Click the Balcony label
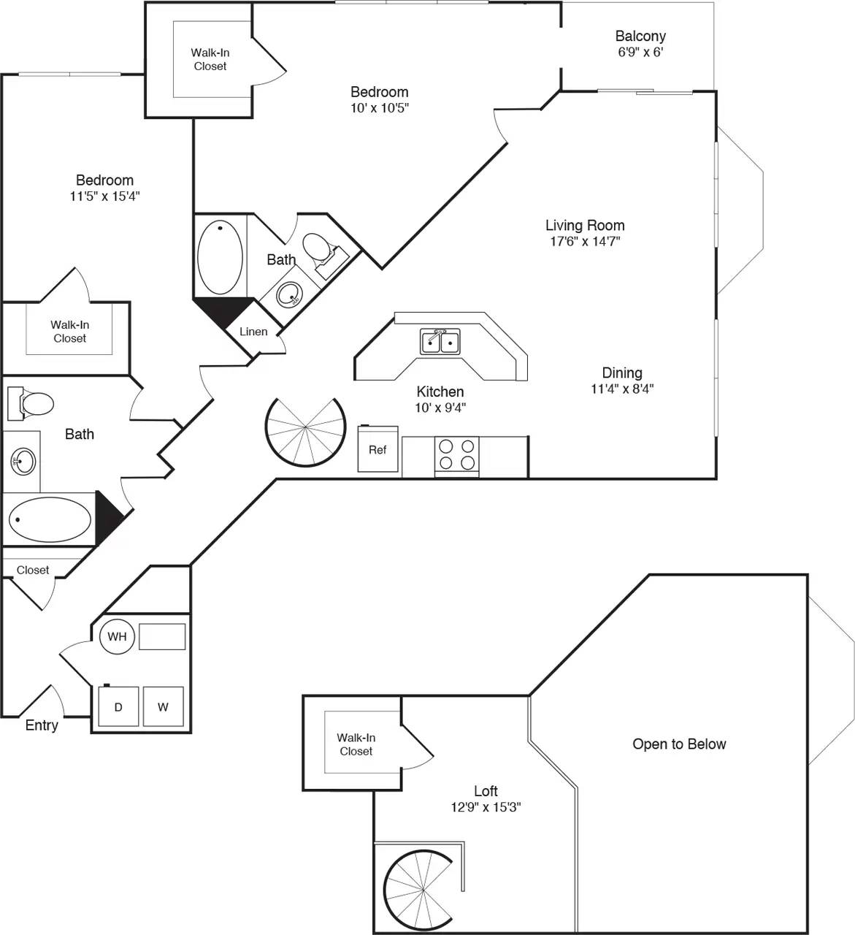click(x=640, y=36)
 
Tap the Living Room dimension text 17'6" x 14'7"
click(x=585, y=242)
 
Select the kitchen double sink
click(x=440, y=342)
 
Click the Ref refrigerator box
click(x=377, y=450)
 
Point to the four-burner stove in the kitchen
click(x=457, y=454)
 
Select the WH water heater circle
click(x=117, y=636)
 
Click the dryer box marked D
click(x=118, y=707)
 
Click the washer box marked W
click(x=163, y=707)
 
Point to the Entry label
click(x=42, y=725)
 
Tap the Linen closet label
click(x=253, y=332)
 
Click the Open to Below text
click(x=679, y=744)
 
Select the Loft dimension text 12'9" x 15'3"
click(x=486, y=807)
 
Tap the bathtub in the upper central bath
click(x=220, y=257)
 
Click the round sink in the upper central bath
click(x=290, y=297)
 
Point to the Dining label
click(x=622, y=373)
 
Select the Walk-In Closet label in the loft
click(x=356, y=744)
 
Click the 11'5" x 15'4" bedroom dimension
click(x=104, y=196)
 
